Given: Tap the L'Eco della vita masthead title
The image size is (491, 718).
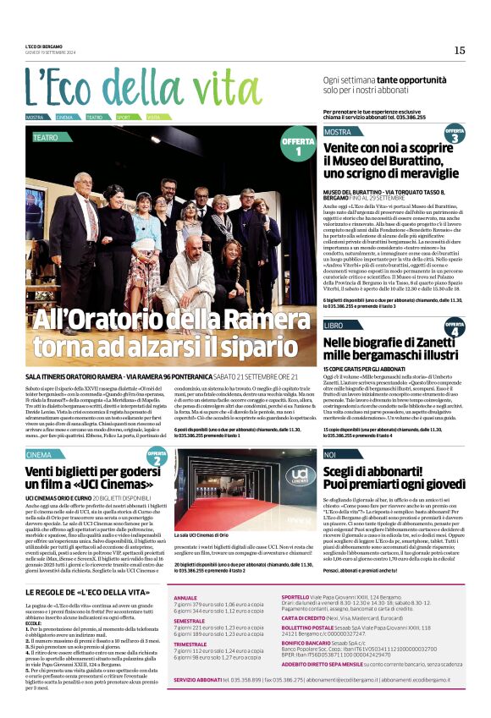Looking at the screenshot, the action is [131, 87].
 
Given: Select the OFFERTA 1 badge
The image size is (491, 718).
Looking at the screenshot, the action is [297, 146].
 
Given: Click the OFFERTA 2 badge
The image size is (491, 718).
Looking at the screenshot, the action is [156, 459].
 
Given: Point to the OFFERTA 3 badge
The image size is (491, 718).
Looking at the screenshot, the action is [454, 134].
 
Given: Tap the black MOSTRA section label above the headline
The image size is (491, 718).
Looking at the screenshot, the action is [338, 132].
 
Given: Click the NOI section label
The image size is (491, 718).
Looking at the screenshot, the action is [331, 455].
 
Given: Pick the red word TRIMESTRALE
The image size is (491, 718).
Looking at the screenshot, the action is [191, 644].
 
